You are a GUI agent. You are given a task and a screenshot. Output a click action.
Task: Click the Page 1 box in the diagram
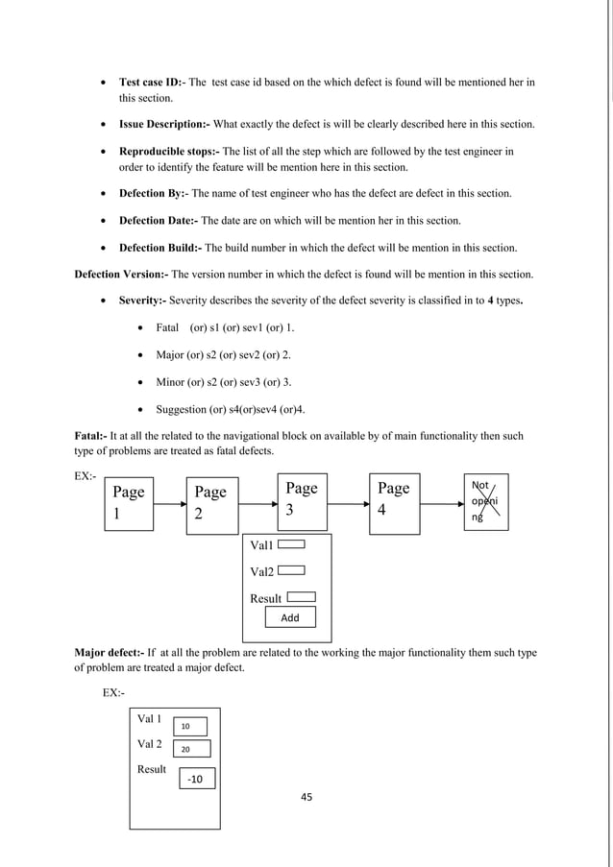pos(129,503)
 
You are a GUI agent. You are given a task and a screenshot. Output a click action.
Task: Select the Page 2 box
pos(211,503)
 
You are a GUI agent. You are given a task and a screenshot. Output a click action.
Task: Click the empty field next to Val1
pos(292,543)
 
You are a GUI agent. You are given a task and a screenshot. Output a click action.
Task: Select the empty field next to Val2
pos(292,569)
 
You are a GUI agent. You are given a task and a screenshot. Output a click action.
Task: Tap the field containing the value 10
pos(190,725)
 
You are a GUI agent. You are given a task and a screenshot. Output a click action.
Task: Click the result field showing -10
pos(196,780)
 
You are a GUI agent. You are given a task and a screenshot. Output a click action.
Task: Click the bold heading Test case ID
pos(152,83)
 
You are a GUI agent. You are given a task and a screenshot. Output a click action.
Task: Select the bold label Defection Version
pos(120,275)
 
